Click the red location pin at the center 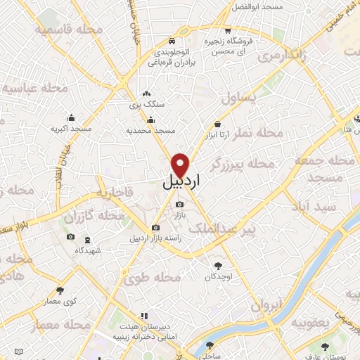(181, 163)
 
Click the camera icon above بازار (179, 204)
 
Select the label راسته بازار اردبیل (155, 238)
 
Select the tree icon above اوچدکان (217, 266)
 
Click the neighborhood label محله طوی (153, 278)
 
